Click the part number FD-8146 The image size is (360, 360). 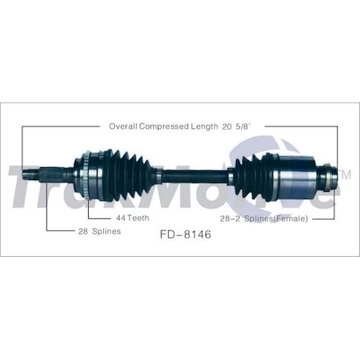pos(180,237)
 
